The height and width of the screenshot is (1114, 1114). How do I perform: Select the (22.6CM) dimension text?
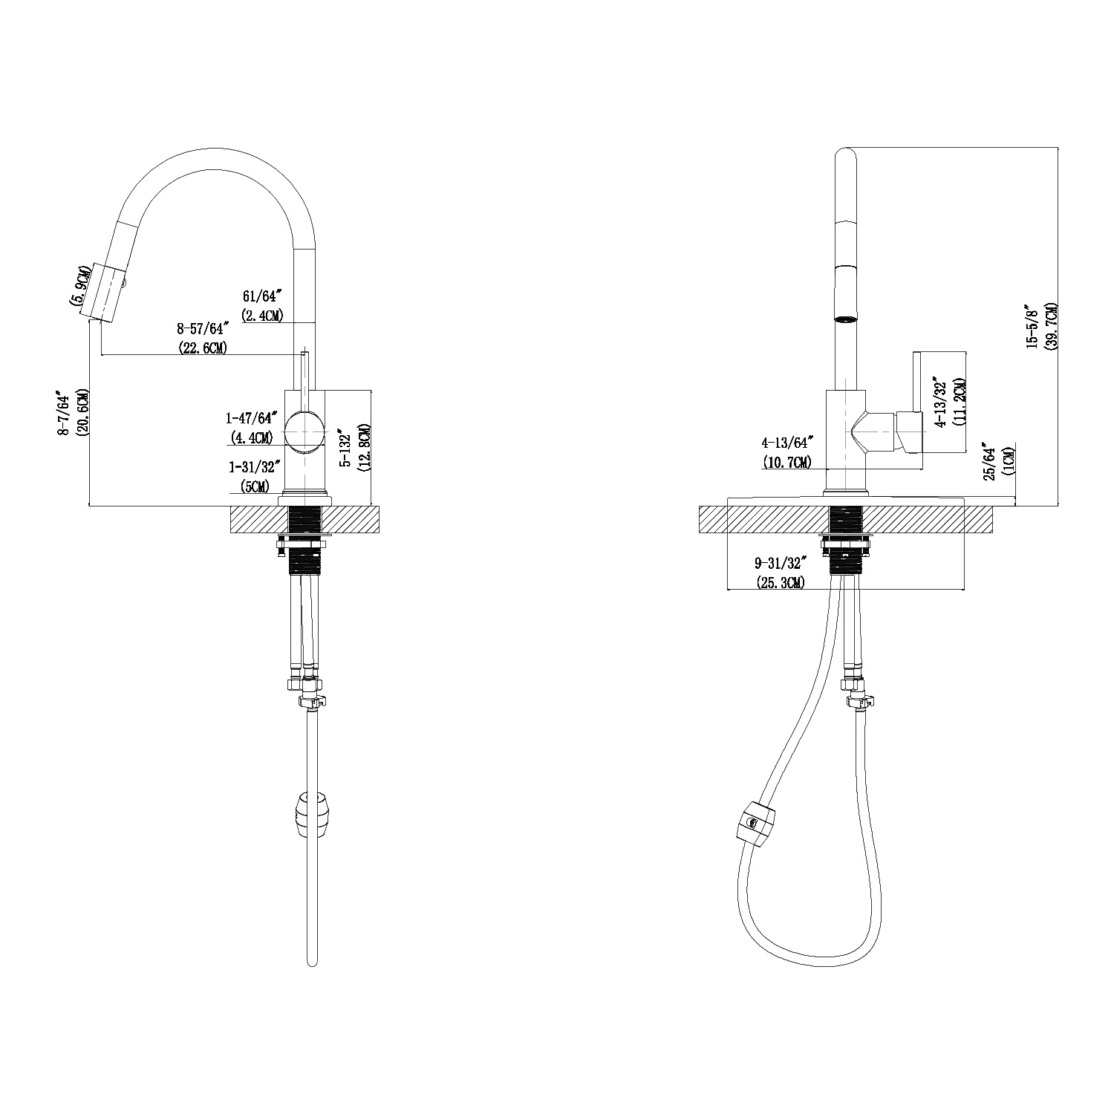pyautogui.click(x=203, y=346)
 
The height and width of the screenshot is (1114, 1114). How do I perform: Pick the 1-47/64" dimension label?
pyautogui.click(x=252, y=418)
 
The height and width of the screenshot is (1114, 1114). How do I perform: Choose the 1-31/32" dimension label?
pyautogui.click(x=253, y=468)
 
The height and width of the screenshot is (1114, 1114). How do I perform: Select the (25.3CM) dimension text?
pyautogui.click(x=780, y=582)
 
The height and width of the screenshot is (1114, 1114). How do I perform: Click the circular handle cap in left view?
pyautogui.click(x=305, y=431)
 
